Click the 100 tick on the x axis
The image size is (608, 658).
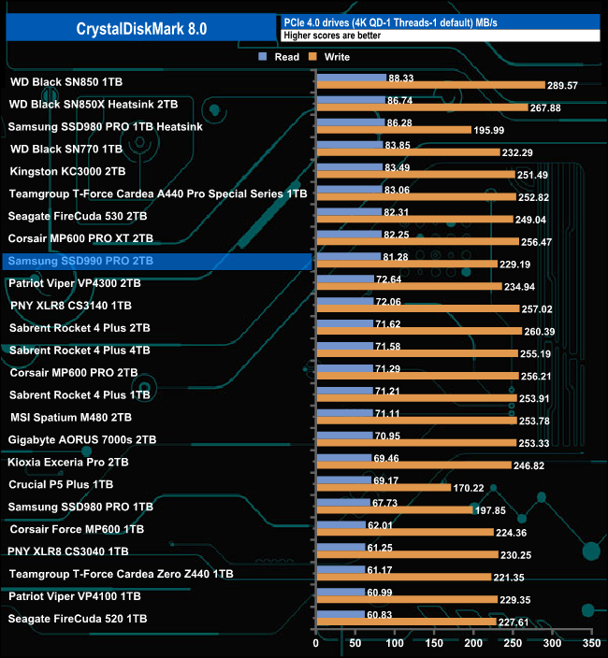395,644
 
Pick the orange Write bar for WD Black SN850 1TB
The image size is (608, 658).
430,85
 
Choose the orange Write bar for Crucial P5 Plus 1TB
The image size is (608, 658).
384,488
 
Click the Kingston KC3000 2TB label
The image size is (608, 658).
68,171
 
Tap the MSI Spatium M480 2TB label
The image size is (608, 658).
71,417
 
